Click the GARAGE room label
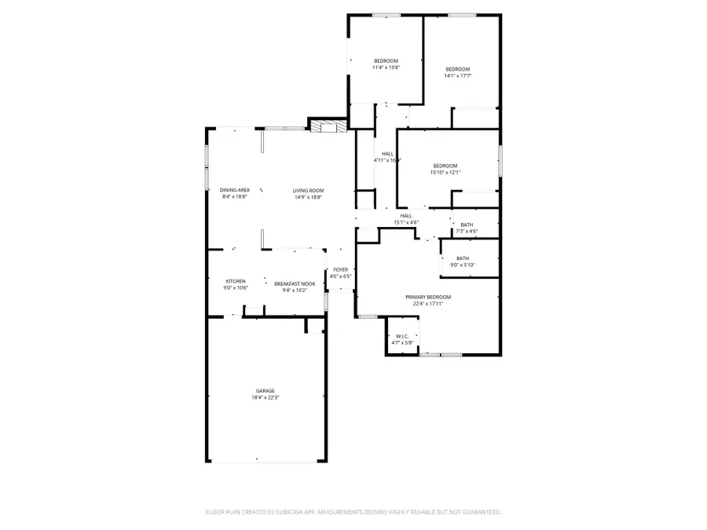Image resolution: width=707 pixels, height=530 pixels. (265, 390)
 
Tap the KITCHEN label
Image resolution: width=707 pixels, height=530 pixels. (236, 281)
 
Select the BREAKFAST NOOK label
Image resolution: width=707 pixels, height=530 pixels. (295, 283)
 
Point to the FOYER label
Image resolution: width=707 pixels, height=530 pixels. (340, 269)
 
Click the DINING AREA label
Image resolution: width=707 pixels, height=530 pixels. (235, 190)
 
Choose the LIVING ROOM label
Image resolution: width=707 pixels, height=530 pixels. (309, 190)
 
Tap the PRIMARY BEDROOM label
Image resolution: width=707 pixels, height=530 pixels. (428, 297)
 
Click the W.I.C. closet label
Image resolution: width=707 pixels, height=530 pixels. (401, 336)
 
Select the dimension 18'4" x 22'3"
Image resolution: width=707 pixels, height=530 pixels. (265, 397)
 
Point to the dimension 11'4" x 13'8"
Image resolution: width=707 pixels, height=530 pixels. (386, 68)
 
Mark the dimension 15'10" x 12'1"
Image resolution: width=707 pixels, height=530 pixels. (445, 172)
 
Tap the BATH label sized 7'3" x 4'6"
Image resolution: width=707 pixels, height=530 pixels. (467, 225)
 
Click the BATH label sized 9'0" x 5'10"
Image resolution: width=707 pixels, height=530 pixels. (463, 258)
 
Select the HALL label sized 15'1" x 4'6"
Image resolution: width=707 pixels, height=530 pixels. (406, 216)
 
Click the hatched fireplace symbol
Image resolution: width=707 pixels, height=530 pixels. (326, 126)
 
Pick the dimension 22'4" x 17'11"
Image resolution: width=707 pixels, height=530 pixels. (428, 304)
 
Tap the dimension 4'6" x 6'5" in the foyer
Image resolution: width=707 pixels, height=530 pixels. (340, 276)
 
